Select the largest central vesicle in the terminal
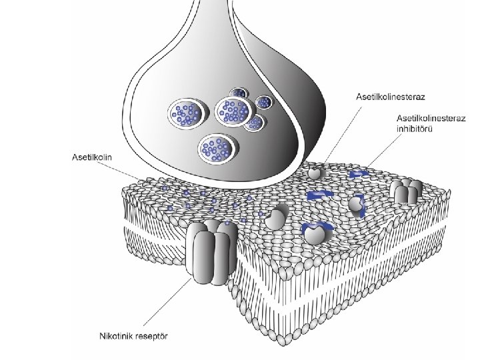tap(231, 110)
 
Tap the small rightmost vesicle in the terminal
tap(265, 102)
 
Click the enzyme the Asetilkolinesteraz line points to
tap(317, 172)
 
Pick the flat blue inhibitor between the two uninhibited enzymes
tap(319, 195)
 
